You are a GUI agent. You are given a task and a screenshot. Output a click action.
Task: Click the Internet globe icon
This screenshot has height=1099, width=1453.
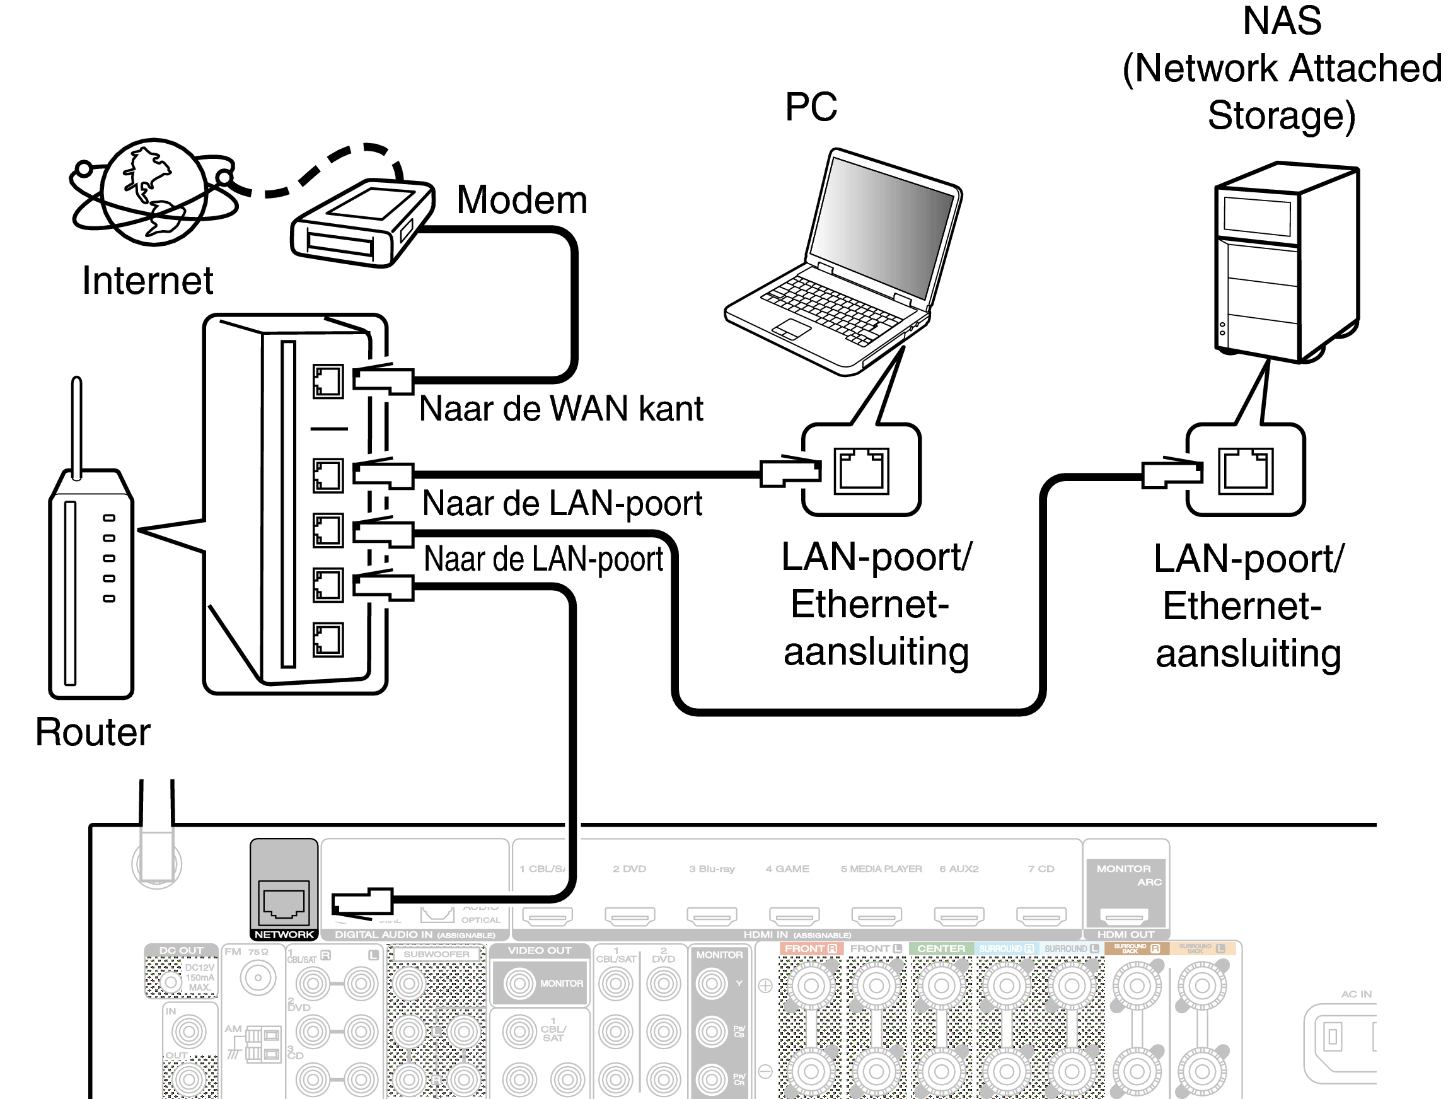pyautogui.click(x=154, y=192)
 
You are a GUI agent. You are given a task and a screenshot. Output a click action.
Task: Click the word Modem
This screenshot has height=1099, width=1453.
pyautogui.click(x=521, y=200)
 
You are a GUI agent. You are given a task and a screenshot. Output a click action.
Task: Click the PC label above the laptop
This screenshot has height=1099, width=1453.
pyautogui.click(x=811, y=107)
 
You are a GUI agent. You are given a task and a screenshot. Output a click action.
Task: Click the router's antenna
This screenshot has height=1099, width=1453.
pyautogui.click(x=77, y=427)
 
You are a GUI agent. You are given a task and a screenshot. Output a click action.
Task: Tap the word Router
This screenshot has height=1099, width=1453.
pyautogui.click(x=93, y=732)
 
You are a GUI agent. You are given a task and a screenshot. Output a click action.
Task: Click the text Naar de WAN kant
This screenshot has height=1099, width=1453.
pyautogui.click(x=561, y=409)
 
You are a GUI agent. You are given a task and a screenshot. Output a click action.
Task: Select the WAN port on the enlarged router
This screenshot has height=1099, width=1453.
pyautogui.click(x=328, y=381)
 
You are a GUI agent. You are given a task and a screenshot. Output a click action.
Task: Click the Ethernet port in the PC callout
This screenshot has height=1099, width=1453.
pyautogui.click(x=861, y=470)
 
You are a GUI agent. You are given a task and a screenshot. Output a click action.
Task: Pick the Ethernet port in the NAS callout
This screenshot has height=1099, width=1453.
pyautogui.click(x=1246, y=470)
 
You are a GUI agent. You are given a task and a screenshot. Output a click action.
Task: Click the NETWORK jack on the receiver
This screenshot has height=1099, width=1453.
pyautogui.click(x=284, y=900)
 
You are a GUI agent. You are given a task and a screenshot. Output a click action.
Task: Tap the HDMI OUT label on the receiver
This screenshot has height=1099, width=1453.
pyautogui.click(x=1125, y=934)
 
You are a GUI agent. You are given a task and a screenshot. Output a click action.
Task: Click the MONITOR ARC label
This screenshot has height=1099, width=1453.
pyautogui.click(x=1125, y=875)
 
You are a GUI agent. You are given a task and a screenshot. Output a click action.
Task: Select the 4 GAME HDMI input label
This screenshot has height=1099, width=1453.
pyautogui.click(x=787, y=868)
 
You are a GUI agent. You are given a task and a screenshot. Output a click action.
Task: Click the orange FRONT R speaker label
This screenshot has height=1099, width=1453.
pyautogui.click(x=811, y=948)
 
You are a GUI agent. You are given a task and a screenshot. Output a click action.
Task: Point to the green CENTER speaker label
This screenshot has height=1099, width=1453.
pyautogui.click(x=941, y=948)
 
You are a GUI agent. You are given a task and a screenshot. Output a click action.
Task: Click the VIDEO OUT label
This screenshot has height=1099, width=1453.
pyautogui.click(x=540, y=951)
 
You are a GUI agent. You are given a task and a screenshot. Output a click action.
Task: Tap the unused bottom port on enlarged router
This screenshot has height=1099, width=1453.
pyautogui.click(x=328, y=640)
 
